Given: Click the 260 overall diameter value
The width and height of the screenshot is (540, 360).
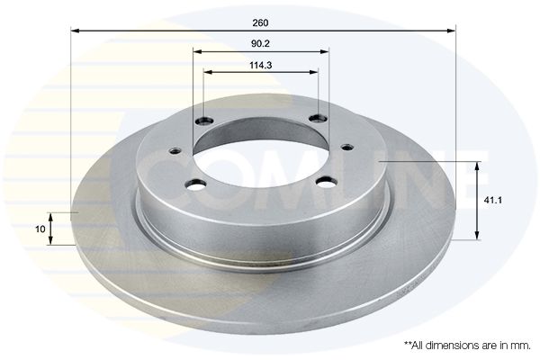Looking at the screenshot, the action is (x=260, y=23).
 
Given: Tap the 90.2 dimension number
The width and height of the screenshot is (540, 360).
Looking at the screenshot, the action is (x=260, y=44).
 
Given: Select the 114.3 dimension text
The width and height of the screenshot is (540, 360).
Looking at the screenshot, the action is (x=260, y=65).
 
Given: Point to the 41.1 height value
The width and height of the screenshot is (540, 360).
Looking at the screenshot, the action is (x=493, y=200).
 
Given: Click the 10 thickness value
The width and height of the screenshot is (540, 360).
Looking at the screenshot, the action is (x=40, y=229).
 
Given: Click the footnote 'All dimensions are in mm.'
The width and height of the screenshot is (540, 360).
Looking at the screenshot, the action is (x=467, y=346).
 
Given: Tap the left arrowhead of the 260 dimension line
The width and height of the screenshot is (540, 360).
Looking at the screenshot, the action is (x=75, y=31).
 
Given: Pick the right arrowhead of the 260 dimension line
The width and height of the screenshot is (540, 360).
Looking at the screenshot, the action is (x=451, y=31).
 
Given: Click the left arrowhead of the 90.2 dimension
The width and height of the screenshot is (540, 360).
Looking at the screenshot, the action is (x=197, y=51).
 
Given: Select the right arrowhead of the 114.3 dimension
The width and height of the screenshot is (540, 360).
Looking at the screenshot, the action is (x=314, y=72).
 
